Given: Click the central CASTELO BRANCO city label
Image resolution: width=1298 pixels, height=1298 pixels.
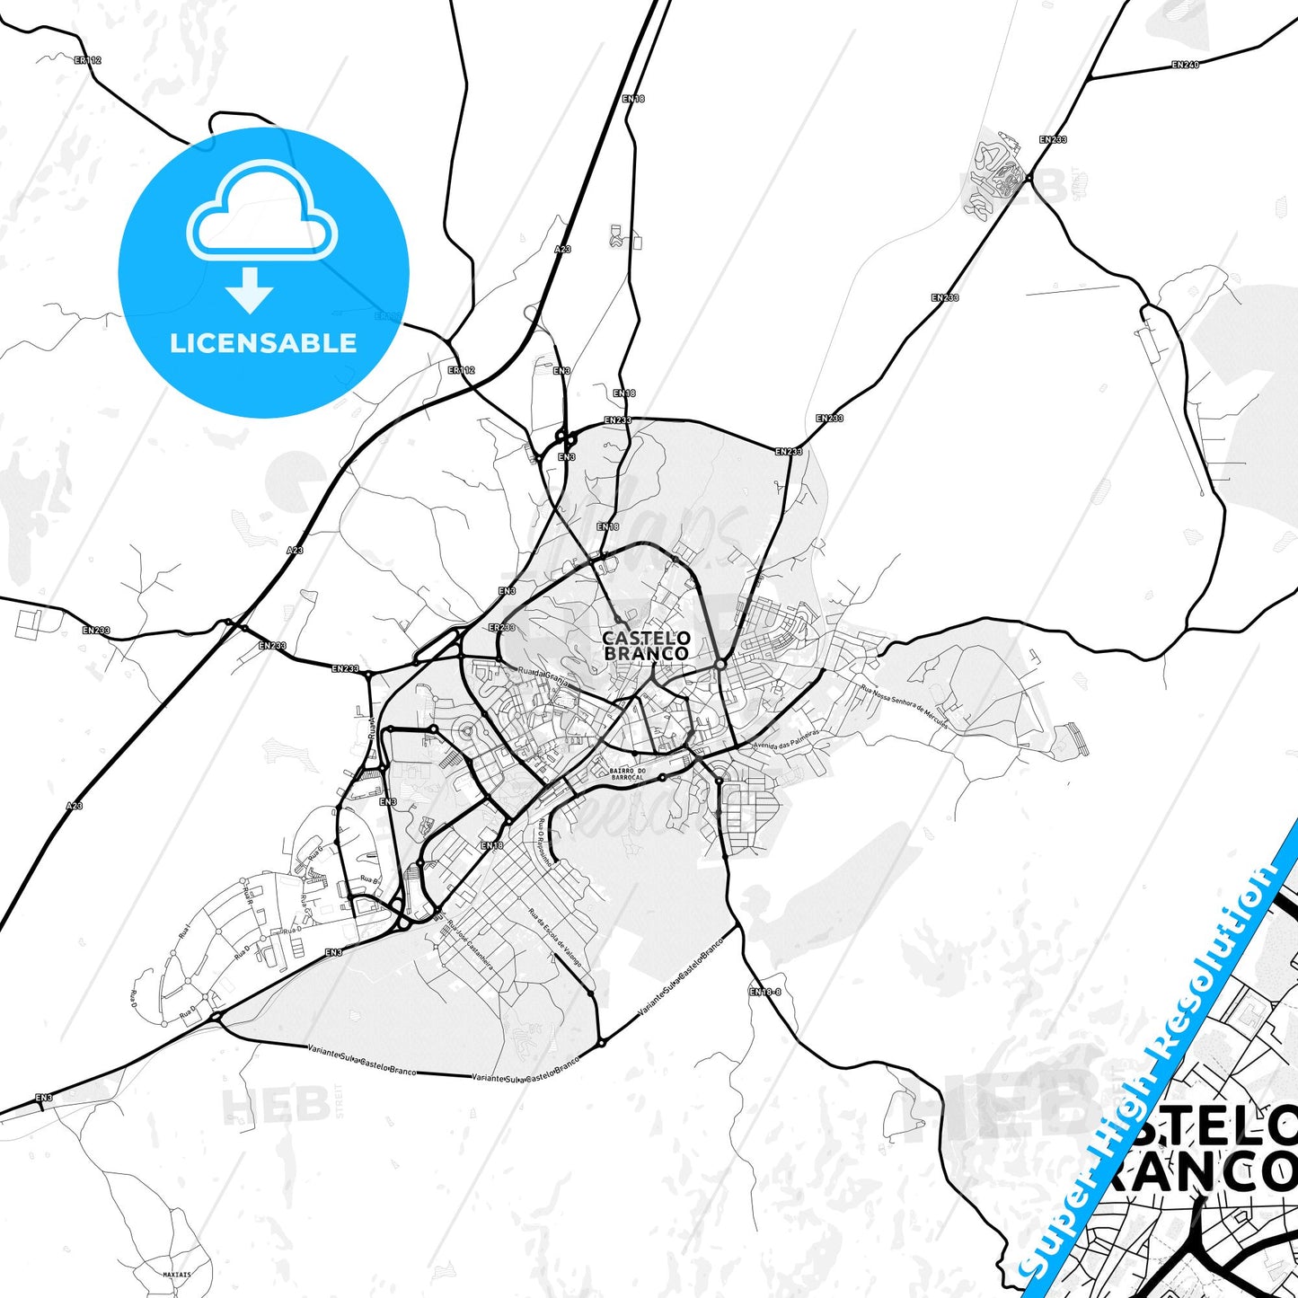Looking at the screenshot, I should (x=646, y=646).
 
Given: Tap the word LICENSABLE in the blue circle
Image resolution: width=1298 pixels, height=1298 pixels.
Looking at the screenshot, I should (x=263, y=342).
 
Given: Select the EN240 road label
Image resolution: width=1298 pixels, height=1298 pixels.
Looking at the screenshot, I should (x=1185, y=65).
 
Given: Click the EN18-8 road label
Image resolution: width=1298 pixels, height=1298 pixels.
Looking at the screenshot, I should (x=765, y=992).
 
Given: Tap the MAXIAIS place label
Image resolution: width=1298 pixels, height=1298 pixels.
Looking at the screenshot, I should (x=177, y=1274).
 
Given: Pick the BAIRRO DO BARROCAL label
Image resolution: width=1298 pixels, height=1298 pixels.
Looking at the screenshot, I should (x=627, y=773).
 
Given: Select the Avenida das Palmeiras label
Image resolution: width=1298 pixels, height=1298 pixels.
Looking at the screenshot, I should (x=787, y=738).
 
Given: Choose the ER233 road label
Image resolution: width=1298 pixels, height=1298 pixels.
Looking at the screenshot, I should (x=501, y=627).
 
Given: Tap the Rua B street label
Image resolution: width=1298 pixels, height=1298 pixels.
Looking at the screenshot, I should (x=368, y=879).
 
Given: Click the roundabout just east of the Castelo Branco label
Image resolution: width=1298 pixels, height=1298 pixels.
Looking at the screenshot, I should (x=720, y=665).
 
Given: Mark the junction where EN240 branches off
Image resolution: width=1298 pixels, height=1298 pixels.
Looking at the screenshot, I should (x=1089, y=79).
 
